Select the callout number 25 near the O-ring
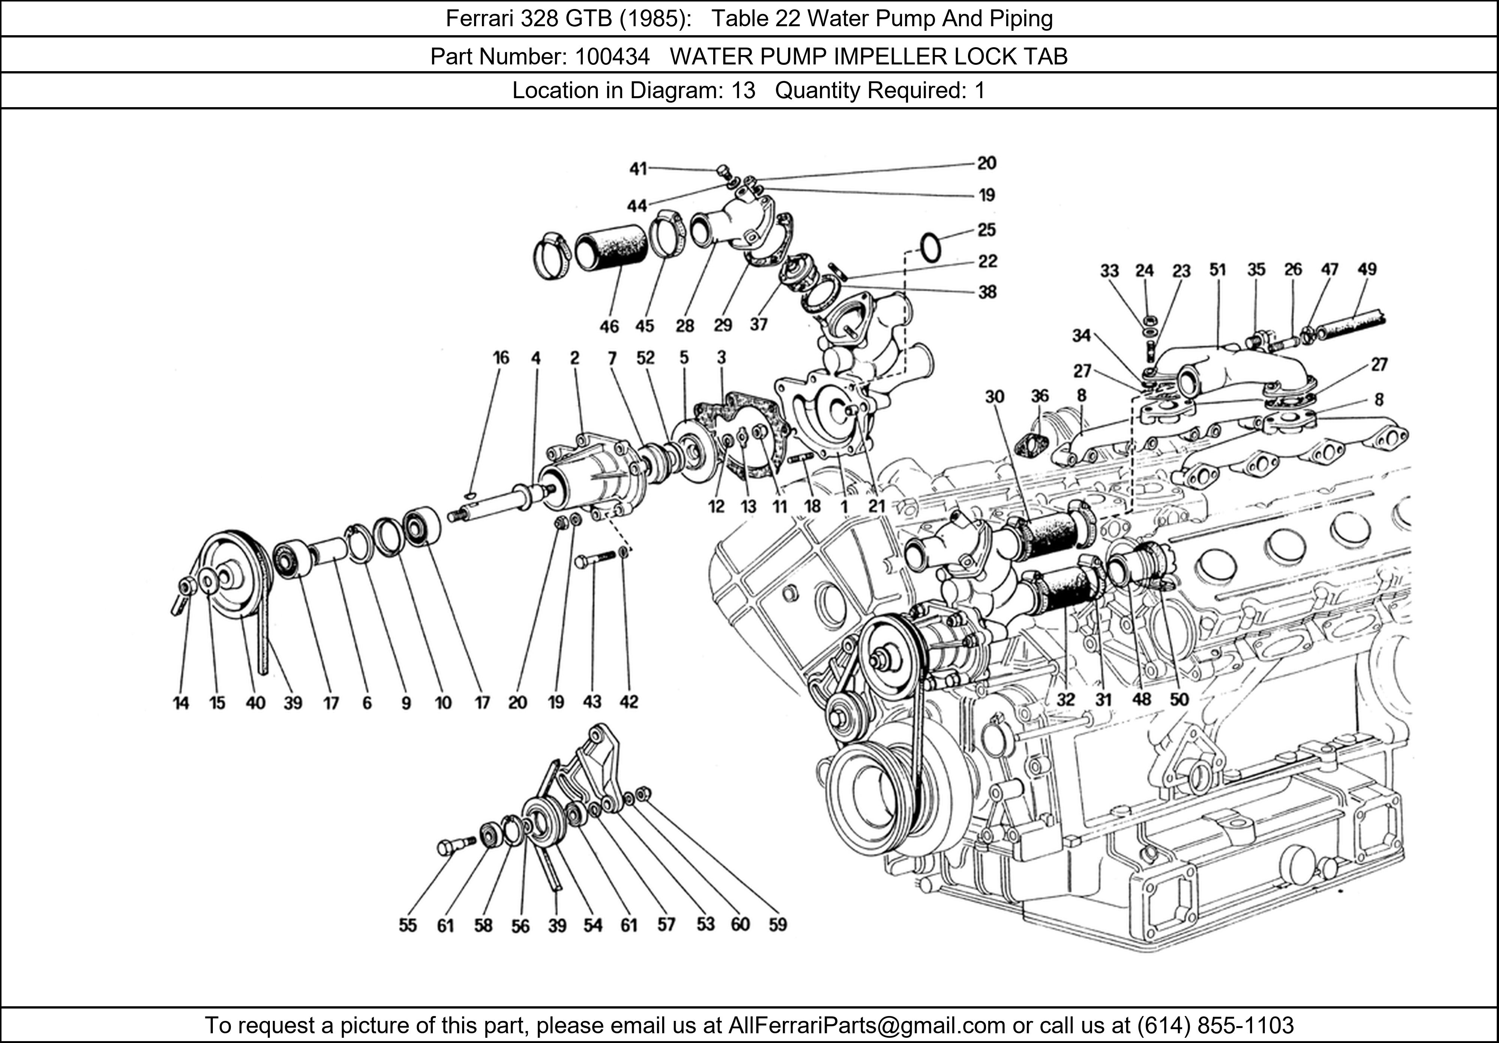986,230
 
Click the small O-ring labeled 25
931,248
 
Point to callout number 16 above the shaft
501,358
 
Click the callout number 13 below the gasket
748,507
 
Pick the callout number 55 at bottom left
407,925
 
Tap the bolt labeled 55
455,845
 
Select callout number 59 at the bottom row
778,924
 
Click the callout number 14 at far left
181,703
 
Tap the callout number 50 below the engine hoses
1179,699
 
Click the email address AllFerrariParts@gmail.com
866,1025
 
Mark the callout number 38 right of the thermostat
987,292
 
